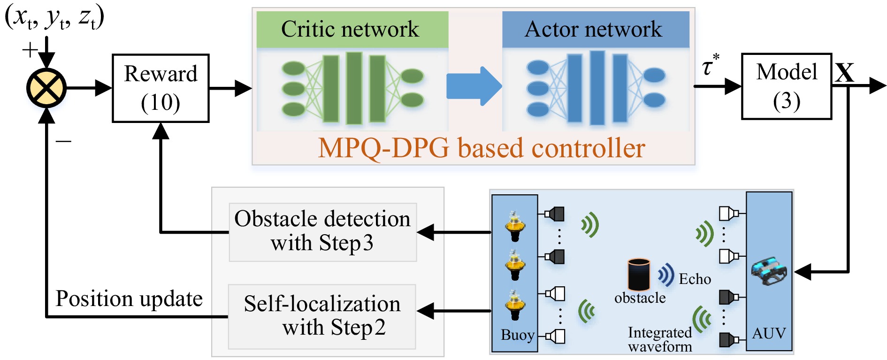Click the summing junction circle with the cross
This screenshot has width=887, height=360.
(46, 88)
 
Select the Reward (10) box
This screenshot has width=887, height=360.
(161, 88)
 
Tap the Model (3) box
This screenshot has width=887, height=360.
(786, 86)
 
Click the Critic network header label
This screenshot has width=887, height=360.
(350, 29)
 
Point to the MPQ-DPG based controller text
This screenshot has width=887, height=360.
(482, 148)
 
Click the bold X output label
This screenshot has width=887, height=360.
(844, 73)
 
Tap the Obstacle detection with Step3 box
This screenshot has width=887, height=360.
(322, 231)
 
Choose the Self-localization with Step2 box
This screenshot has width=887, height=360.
(322, 316)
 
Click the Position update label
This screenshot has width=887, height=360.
(129, 299)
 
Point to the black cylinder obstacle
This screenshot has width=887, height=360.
(639, 274)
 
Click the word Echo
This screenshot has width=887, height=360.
(695, 279)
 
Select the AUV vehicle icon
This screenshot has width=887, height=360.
(769, 271)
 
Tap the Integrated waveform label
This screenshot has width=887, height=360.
(660, 339)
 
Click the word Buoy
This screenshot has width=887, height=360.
(517, 335)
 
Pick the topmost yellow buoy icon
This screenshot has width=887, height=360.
(515, 226)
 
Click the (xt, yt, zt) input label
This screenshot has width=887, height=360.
(54, 17)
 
